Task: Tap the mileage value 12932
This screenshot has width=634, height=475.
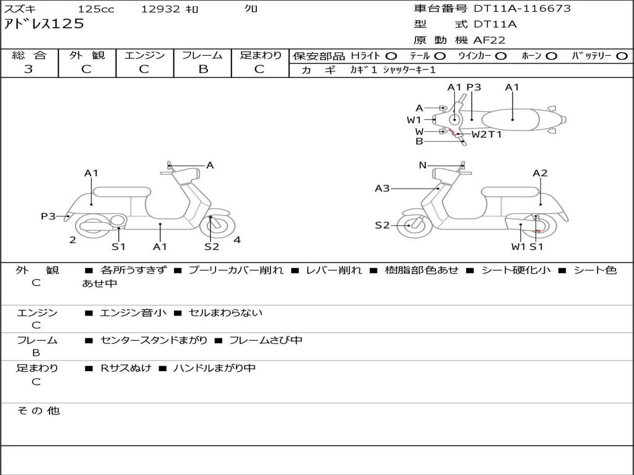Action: click(160, 9)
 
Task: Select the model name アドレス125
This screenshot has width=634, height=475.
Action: click(44, 24)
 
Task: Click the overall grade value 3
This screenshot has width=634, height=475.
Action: click(28, 69)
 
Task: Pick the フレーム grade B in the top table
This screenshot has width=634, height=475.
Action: click(202, 69)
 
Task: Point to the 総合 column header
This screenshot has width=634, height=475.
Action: click(29, 56)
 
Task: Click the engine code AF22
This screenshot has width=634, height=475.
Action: click(489, 41)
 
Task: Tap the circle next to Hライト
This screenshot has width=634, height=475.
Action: click(391, 56)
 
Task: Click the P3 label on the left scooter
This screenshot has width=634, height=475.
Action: click(48, 216)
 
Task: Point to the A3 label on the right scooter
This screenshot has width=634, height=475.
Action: click(382, 188)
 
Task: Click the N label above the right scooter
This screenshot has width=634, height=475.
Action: click(423, 165)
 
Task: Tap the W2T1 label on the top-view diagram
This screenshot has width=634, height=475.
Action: click(487, 134)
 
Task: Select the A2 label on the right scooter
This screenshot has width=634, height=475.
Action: click(540, 173)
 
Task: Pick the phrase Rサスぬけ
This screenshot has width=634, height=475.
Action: click(126, 369)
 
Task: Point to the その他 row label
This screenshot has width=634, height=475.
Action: click(38, 411)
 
